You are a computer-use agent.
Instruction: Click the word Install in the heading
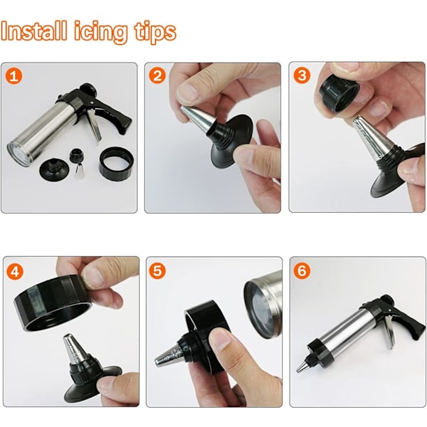pyautogui.click(x=33, y=31)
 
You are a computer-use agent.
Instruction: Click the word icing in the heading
pyautogui.click(x=100, y=33)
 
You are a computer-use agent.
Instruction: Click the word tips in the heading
pyautogui.click(x=155, y=33)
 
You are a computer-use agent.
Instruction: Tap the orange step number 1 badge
pyautogui.click(x=14, y=76)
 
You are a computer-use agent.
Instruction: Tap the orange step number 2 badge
pyautogui.click(x=157, y=75)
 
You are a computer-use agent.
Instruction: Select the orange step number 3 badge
pyautogui.click(x=302, y=75)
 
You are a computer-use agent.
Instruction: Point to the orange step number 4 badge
pyautogui.click(x=15, y=271)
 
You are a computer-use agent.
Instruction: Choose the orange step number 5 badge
pyautogui.click(x=157, y=270)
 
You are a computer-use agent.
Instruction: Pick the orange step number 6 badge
pyautogui.click(x=302, y=270)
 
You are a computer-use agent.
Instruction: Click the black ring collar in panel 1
pyautogui.click(x=117, y=164)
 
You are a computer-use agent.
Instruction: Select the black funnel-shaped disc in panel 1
pyautogui.click(x=54, y=169)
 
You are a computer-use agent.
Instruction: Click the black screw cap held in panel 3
pyautogui.click(x=339, y=96)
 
